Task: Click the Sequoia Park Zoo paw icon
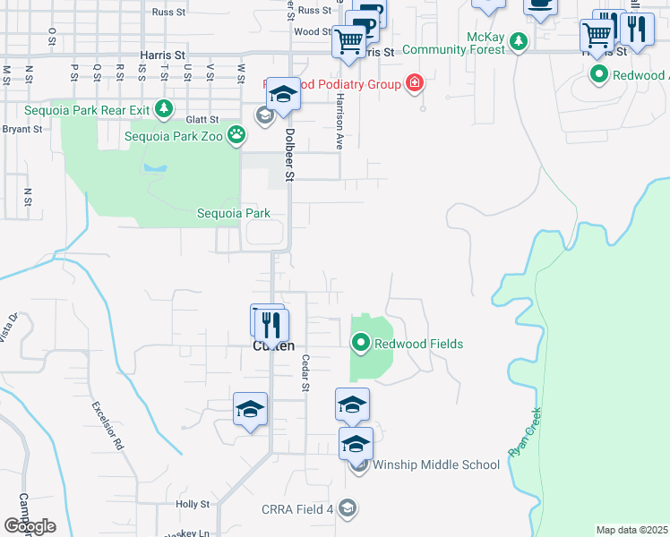tap(236, 136)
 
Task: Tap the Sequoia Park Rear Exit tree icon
tap(163, 109)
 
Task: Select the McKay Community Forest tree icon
tap(518, 40)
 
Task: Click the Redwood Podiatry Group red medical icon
tap(414, 84)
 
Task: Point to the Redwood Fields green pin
tap(361, 343)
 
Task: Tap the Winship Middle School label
tap(435, 465)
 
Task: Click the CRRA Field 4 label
tap(297, 509)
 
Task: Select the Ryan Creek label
tap(525, 433)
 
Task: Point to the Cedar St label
tap(305, 372)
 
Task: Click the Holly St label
tap(192, 505)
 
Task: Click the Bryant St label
tap(21, 129)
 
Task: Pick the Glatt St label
tap(202, 119)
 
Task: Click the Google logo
tap(30, 526)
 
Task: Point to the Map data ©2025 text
tap(631, 530)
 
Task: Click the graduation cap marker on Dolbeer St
tap(282, 95)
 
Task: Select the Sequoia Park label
tap(234, 214)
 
